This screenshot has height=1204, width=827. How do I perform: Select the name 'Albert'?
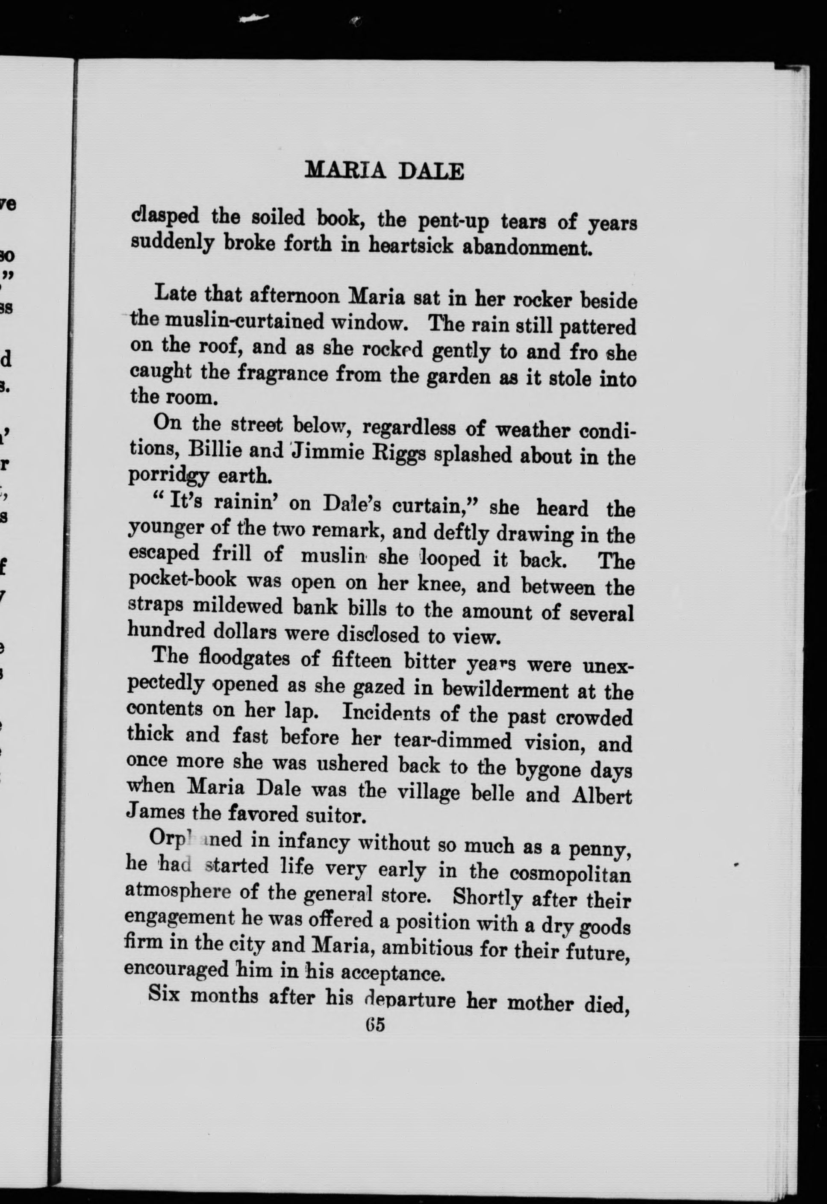[x=602, y=794]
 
